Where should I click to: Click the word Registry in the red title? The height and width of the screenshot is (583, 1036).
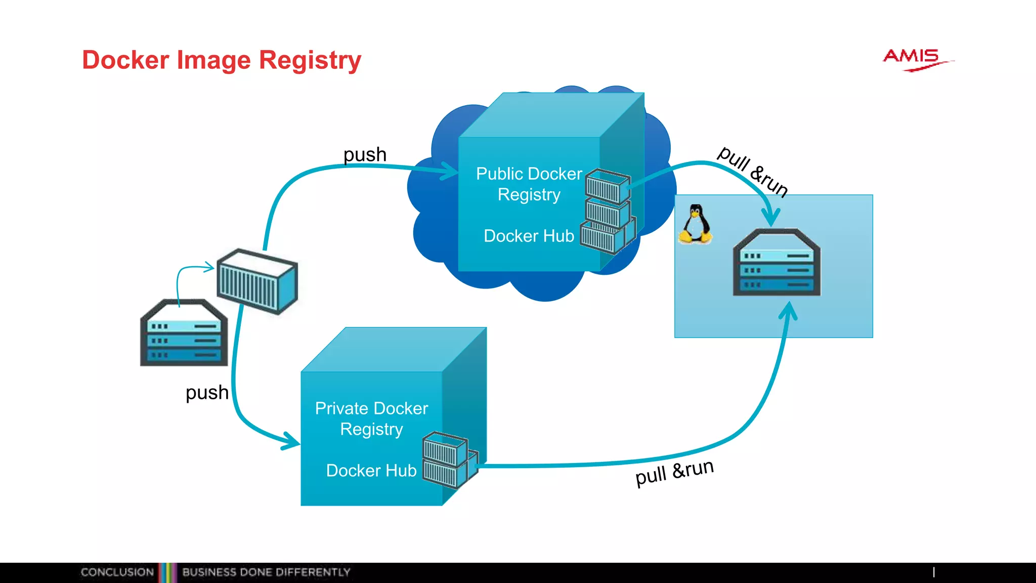[x=310, y=61]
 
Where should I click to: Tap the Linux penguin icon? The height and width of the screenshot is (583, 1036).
[x=696, y=224]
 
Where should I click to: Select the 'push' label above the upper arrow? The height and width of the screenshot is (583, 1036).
[x=365, y=154]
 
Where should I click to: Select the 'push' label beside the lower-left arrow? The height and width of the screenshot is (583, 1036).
[x=207, y=392]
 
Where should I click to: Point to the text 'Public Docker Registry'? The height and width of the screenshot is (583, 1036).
[x=529, y=184]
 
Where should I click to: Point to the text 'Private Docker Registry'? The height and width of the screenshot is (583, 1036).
[x=371, y=419]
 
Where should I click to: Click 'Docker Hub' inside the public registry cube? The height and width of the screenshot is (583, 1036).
[x=529, y=236]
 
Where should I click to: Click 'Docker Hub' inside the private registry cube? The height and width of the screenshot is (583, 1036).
[x=371, y=471]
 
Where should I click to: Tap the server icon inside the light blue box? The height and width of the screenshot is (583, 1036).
[x=776, y=263]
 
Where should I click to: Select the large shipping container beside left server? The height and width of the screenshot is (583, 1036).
[x=257, y=281]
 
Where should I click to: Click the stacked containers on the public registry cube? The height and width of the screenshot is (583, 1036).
[x=608, y=212]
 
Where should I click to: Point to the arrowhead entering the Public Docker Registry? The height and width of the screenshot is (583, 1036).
[x=450, y=171]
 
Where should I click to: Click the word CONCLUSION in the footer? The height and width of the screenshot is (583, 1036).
[x=117, y=572]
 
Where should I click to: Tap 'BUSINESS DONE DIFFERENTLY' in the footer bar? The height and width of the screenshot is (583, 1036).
[x=266, y=572]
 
